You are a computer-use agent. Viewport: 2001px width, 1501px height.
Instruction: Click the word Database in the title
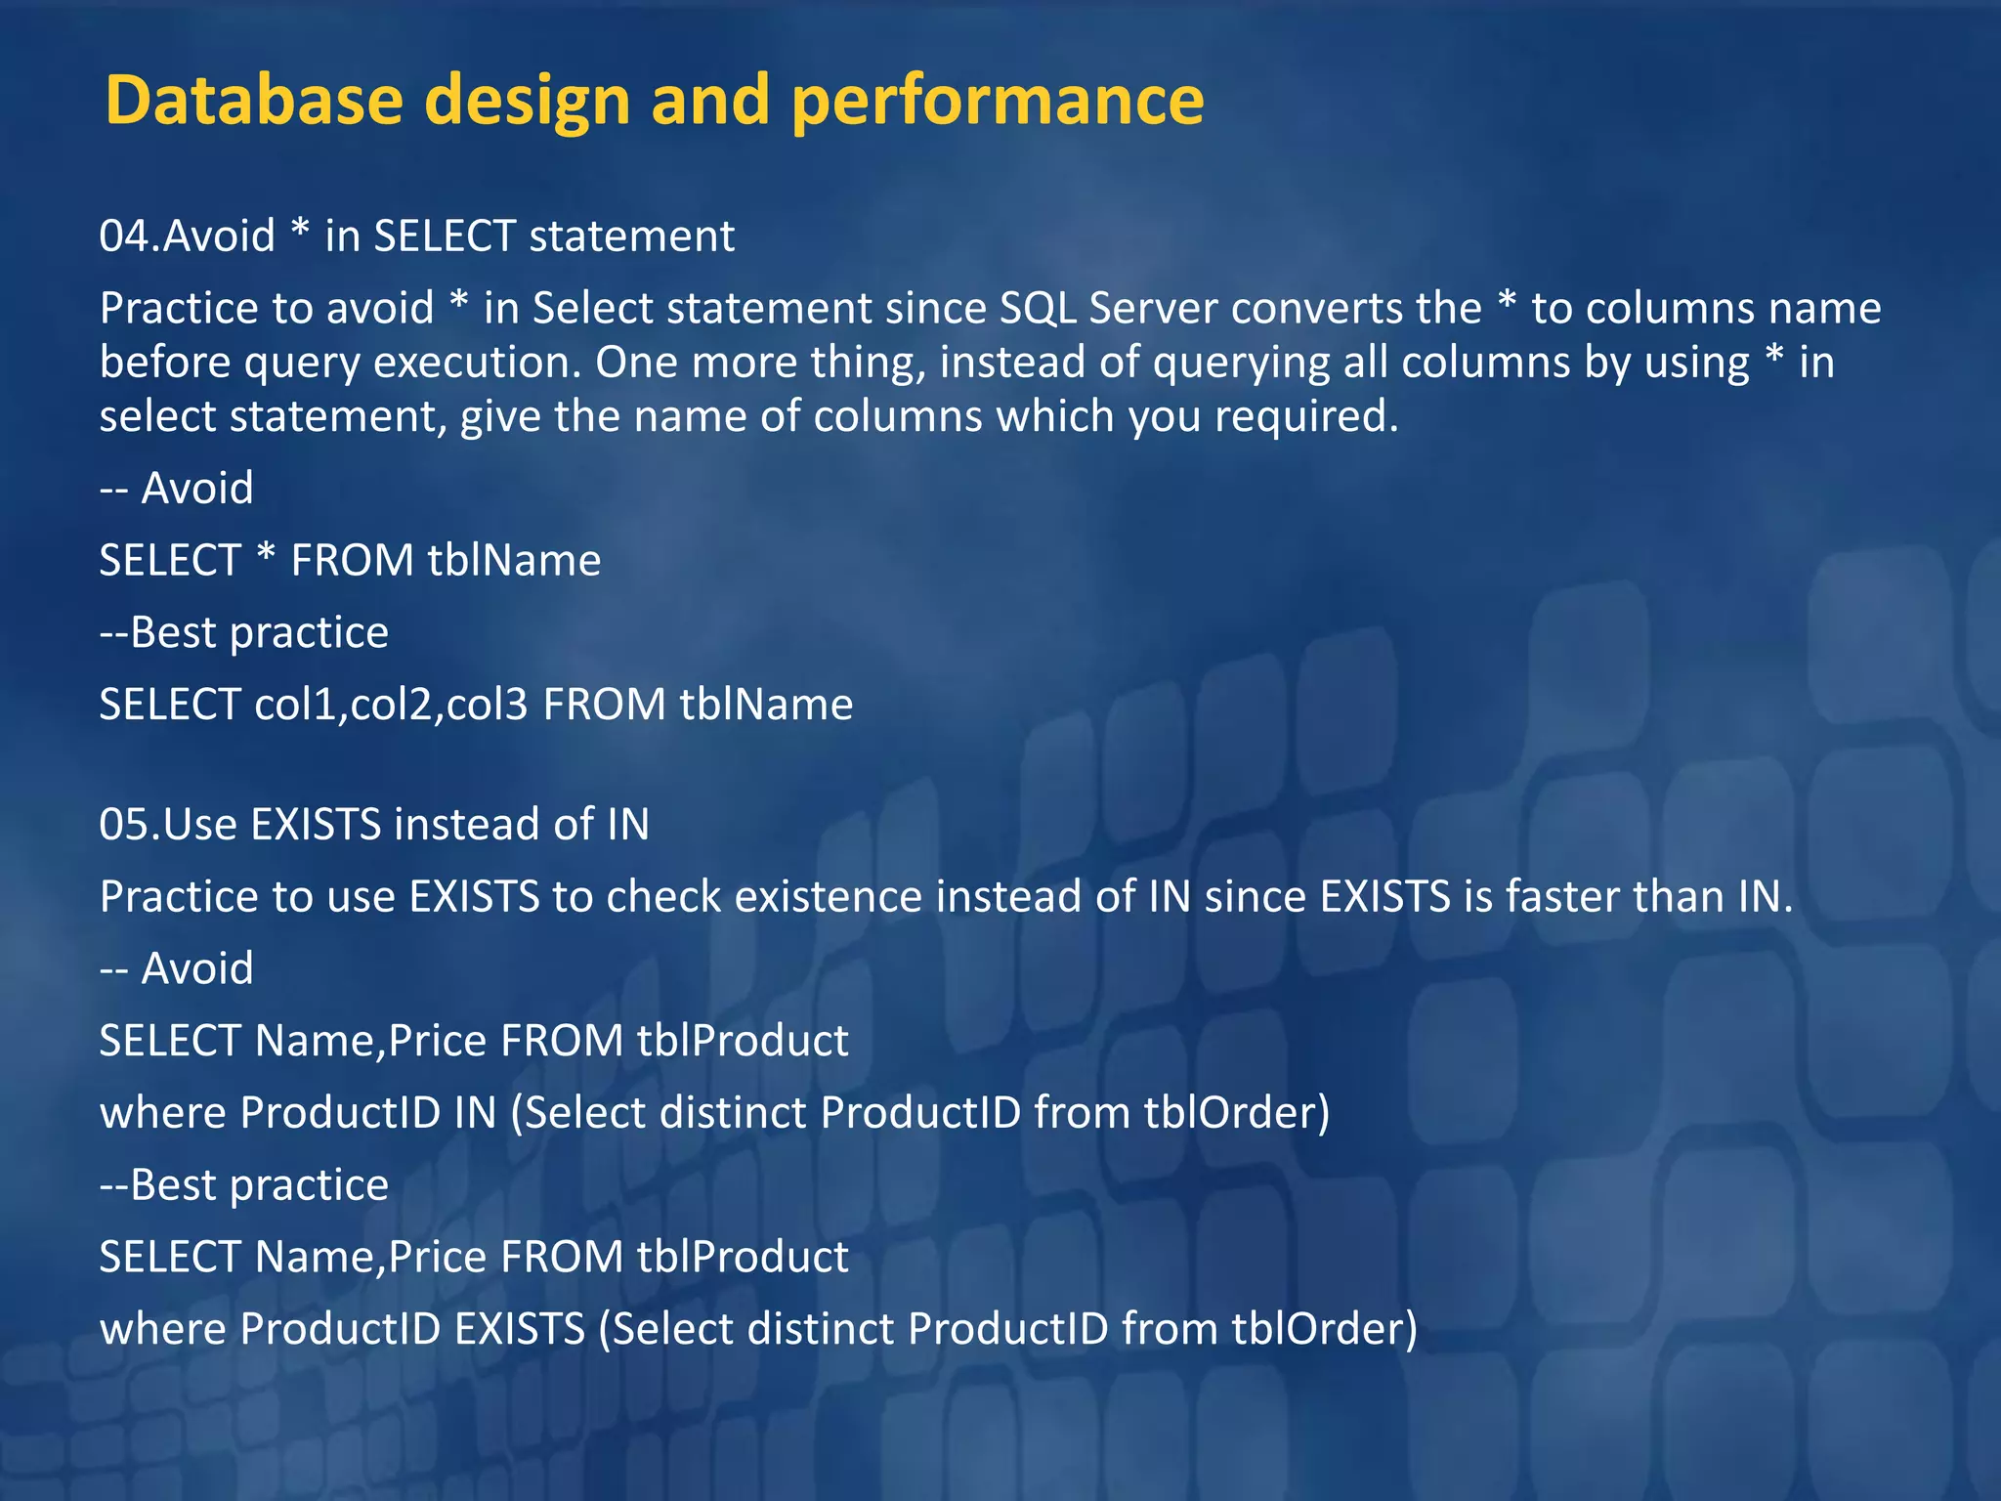(254, 100)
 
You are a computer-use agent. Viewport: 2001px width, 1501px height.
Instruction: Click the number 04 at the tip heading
(123, 236)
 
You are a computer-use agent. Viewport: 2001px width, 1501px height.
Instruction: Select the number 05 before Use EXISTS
(123, 825)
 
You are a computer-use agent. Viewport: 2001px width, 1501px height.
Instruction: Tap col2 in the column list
(391, 705)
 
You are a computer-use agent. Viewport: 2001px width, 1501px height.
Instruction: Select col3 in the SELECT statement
(487, 705)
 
